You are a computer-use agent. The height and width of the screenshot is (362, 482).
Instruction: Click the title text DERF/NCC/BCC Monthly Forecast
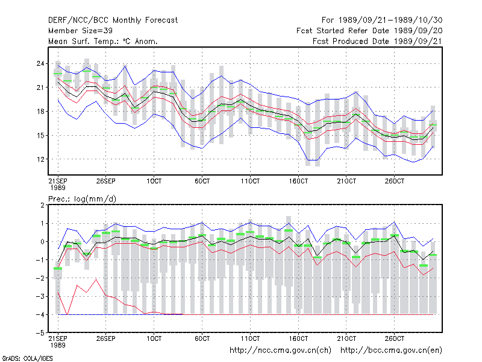(x=113, y=21)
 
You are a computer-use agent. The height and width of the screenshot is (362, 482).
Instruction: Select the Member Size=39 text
(x=80, y=31)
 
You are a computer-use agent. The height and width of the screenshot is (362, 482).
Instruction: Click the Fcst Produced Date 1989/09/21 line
(x=377, y=41)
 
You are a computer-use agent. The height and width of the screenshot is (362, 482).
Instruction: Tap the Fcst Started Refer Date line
(x=369, y=31)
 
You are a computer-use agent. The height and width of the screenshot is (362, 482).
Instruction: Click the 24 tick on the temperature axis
(x=40, y=64)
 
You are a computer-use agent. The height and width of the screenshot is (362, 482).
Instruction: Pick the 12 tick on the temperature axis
(x=40, y=159)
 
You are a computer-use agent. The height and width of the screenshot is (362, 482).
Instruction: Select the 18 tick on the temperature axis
(x=40, y=112)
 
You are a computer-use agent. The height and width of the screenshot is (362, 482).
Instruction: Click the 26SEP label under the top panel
(x=106, y=181)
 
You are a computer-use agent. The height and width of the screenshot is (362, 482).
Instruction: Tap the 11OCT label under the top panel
(x=250, y=181)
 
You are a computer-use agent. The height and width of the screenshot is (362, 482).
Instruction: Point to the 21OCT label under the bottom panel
(x=346, y=338)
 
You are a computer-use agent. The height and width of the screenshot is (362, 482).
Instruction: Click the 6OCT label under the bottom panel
(x=202, y=338)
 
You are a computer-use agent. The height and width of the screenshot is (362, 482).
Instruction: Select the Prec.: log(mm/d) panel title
(x=82, y=199)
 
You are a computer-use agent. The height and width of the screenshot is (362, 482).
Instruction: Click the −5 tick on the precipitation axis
(x=40, y=333)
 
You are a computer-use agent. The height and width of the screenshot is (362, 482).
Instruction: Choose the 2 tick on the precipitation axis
(x=42, y=205)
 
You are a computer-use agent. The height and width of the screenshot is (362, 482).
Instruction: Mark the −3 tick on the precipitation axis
(x=40, y=297)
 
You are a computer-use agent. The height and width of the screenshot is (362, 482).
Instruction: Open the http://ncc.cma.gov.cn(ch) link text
(x=280, y=351)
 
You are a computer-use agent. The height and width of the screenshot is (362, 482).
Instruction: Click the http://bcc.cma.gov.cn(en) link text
(x=391, y=351)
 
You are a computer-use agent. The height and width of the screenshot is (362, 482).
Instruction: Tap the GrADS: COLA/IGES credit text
(x=28, y=358)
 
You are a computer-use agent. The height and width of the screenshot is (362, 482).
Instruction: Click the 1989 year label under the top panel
(x=58, y=188)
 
